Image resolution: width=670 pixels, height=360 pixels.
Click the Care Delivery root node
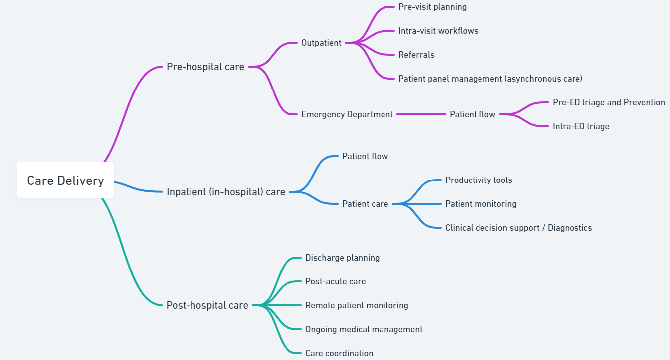tap(66, 180)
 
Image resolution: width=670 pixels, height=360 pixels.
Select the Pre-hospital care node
tap(205, 67)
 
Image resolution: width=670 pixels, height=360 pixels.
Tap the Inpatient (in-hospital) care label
tap(226, 192)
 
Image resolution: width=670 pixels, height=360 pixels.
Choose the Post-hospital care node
tap(207, 305)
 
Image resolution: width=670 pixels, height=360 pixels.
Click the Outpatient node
tap(321, 43)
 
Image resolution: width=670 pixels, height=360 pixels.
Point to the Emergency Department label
tap(347, 114)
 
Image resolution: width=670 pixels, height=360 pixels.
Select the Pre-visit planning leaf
tap(432, 7)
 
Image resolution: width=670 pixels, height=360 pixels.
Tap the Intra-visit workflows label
tap(438, 31)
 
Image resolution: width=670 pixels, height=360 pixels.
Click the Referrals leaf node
tap(416, 55)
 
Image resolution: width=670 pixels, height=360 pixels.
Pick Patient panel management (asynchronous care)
tap(490, 79)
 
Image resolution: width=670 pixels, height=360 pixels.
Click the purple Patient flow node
tap(472, 114)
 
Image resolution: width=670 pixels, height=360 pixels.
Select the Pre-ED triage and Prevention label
tap(608, 102)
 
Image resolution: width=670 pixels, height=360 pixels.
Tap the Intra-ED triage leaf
tap(580, 126)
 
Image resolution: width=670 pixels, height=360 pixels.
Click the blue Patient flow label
tap(365, 156)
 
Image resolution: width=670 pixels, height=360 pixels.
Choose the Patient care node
tap(365, 204)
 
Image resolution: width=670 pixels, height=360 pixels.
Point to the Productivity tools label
tap(478, 180)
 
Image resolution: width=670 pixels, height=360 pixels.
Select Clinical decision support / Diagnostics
tap(518, 228)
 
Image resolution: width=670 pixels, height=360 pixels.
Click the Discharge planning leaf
tap(342, 258)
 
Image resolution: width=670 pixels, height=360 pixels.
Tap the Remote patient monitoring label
tap(357, 305)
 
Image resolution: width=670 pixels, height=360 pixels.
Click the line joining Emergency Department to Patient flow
tap(421, 114)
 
